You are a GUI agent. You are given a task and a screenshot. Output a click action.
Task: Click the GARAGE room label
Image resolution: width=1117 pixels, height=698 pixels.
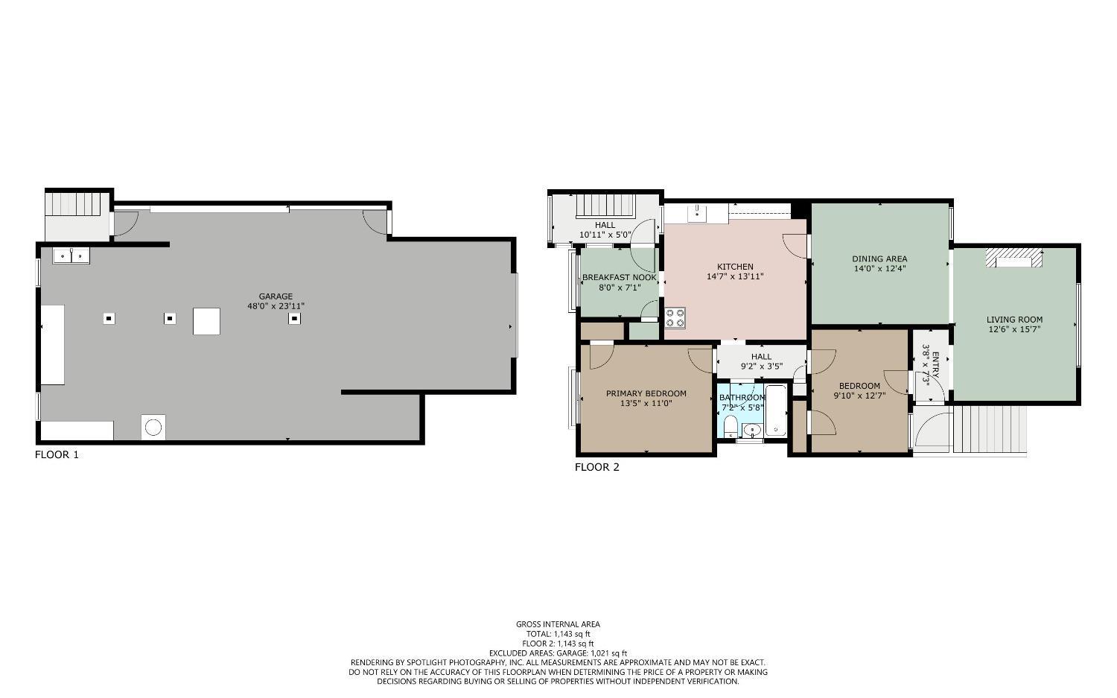(x=276, y=296)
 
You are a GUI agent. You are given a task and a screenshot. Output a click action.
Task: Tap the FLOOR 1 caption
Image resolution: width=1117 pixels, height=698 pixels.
(x=57, y=454)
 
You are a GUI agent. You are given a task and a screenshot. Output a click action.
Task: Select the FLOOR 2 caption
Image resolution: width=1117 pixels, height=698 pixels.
(x=596, y=467)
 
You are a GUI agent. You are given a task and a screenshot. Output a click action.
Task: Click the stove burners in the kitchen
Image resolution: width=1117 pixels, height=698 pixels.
(x=675, y=318)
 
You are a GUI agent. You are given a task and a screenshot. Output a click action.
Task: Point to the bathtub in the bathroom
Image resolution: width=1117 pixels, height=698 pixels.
(x=775, y=411)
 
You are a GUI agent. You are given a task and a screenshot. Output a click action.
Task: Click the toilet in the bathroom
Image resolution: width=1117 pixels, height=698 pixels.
(x=731, y=426)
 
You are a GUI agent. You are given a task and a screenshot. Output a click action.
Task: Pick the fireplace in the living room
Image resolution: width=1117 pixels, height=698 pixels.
(x=1013, y=258)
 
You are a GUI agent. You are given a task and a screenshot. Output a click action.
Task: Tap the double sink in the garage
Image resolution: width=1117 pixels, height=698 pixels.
(x=71, y=256)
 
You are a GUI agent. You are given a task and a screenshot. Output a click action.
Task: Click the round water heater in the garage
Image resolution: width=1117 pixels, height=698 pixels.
(x=153, y=428)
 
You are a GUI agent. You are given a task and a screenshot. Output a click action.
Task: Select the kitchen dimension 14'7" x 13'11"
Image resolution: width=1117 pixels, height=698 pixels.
(x=735, y=276)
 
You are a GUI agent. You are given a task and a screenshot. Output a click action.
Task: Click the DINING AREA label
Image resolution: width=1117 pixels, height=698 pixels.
(x=879, y=258)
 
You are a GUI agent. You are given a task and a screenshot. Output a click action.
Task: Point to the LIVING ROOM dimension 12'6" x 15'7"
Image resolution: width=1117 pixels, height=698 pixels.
(x=1014, y=329)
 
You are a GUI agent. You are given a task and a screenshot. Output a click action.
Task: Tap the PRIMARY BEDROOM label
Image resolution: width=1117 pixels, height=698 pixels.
(x=646, y=393)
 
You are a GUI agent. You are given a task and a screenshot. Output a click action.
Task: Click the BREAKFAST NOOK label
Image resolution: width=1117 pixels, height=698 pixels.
(x=619, y=277)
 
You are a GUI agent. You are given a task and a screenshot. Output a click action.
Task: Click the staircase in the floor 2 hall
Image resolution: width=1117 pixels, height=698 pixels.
(x=604, y=205)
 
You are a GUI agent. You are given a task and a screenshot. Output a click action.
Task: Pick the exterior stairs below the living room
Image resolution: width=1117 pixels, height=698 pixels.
(x=990, y=429)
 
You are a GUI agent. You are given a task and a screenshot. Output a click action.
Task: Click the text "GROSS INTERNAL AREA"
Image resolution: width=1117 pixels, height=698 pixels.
(x=558, y=624)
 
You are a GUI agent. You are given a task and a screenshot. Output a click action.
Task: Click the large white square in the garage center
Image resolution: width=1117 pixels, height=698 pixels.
(x=206, y=321)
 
